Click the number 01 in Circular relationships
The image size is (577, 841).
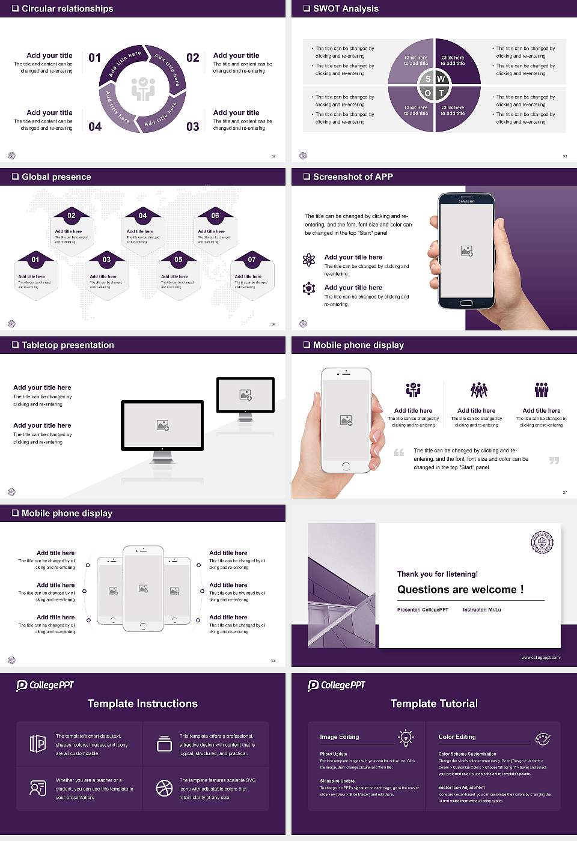tap(95, 58)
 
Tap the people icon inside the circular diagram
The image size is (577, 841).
tap(143, 89)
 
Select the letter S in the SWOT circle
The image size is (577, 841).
tap(428, 79)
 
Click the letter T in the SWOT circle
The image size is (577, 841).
tap(441, 93)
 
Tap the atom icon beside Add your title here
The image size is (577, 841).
tap(309, 260)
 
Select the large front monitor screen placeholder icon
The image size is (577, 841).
tap(162, 425)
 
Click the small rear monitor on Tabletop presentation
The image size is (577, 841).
tap(245, 395)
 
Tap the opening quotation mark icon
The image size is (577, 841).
tap(399, 452)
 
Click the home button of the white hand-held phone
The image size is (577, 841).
tap(346, 466)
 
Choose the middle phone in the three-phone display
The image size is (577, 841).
tap(143, 589)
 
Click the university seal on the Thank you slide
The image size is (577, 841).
tap(542, 542)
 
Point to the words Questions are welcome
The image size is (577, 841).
tap(460, 590)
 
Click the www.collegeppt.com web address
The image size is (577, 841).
tap(540, 657)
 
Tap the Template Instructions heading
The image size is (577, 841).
tap(142, 703)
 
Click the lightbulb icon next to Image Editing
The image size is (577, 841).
tap(406, 738)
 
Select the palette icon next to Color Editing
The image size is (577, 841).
tap(542, 738)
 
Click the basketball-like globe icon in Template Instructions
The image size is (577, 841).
tap(164, 788)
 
